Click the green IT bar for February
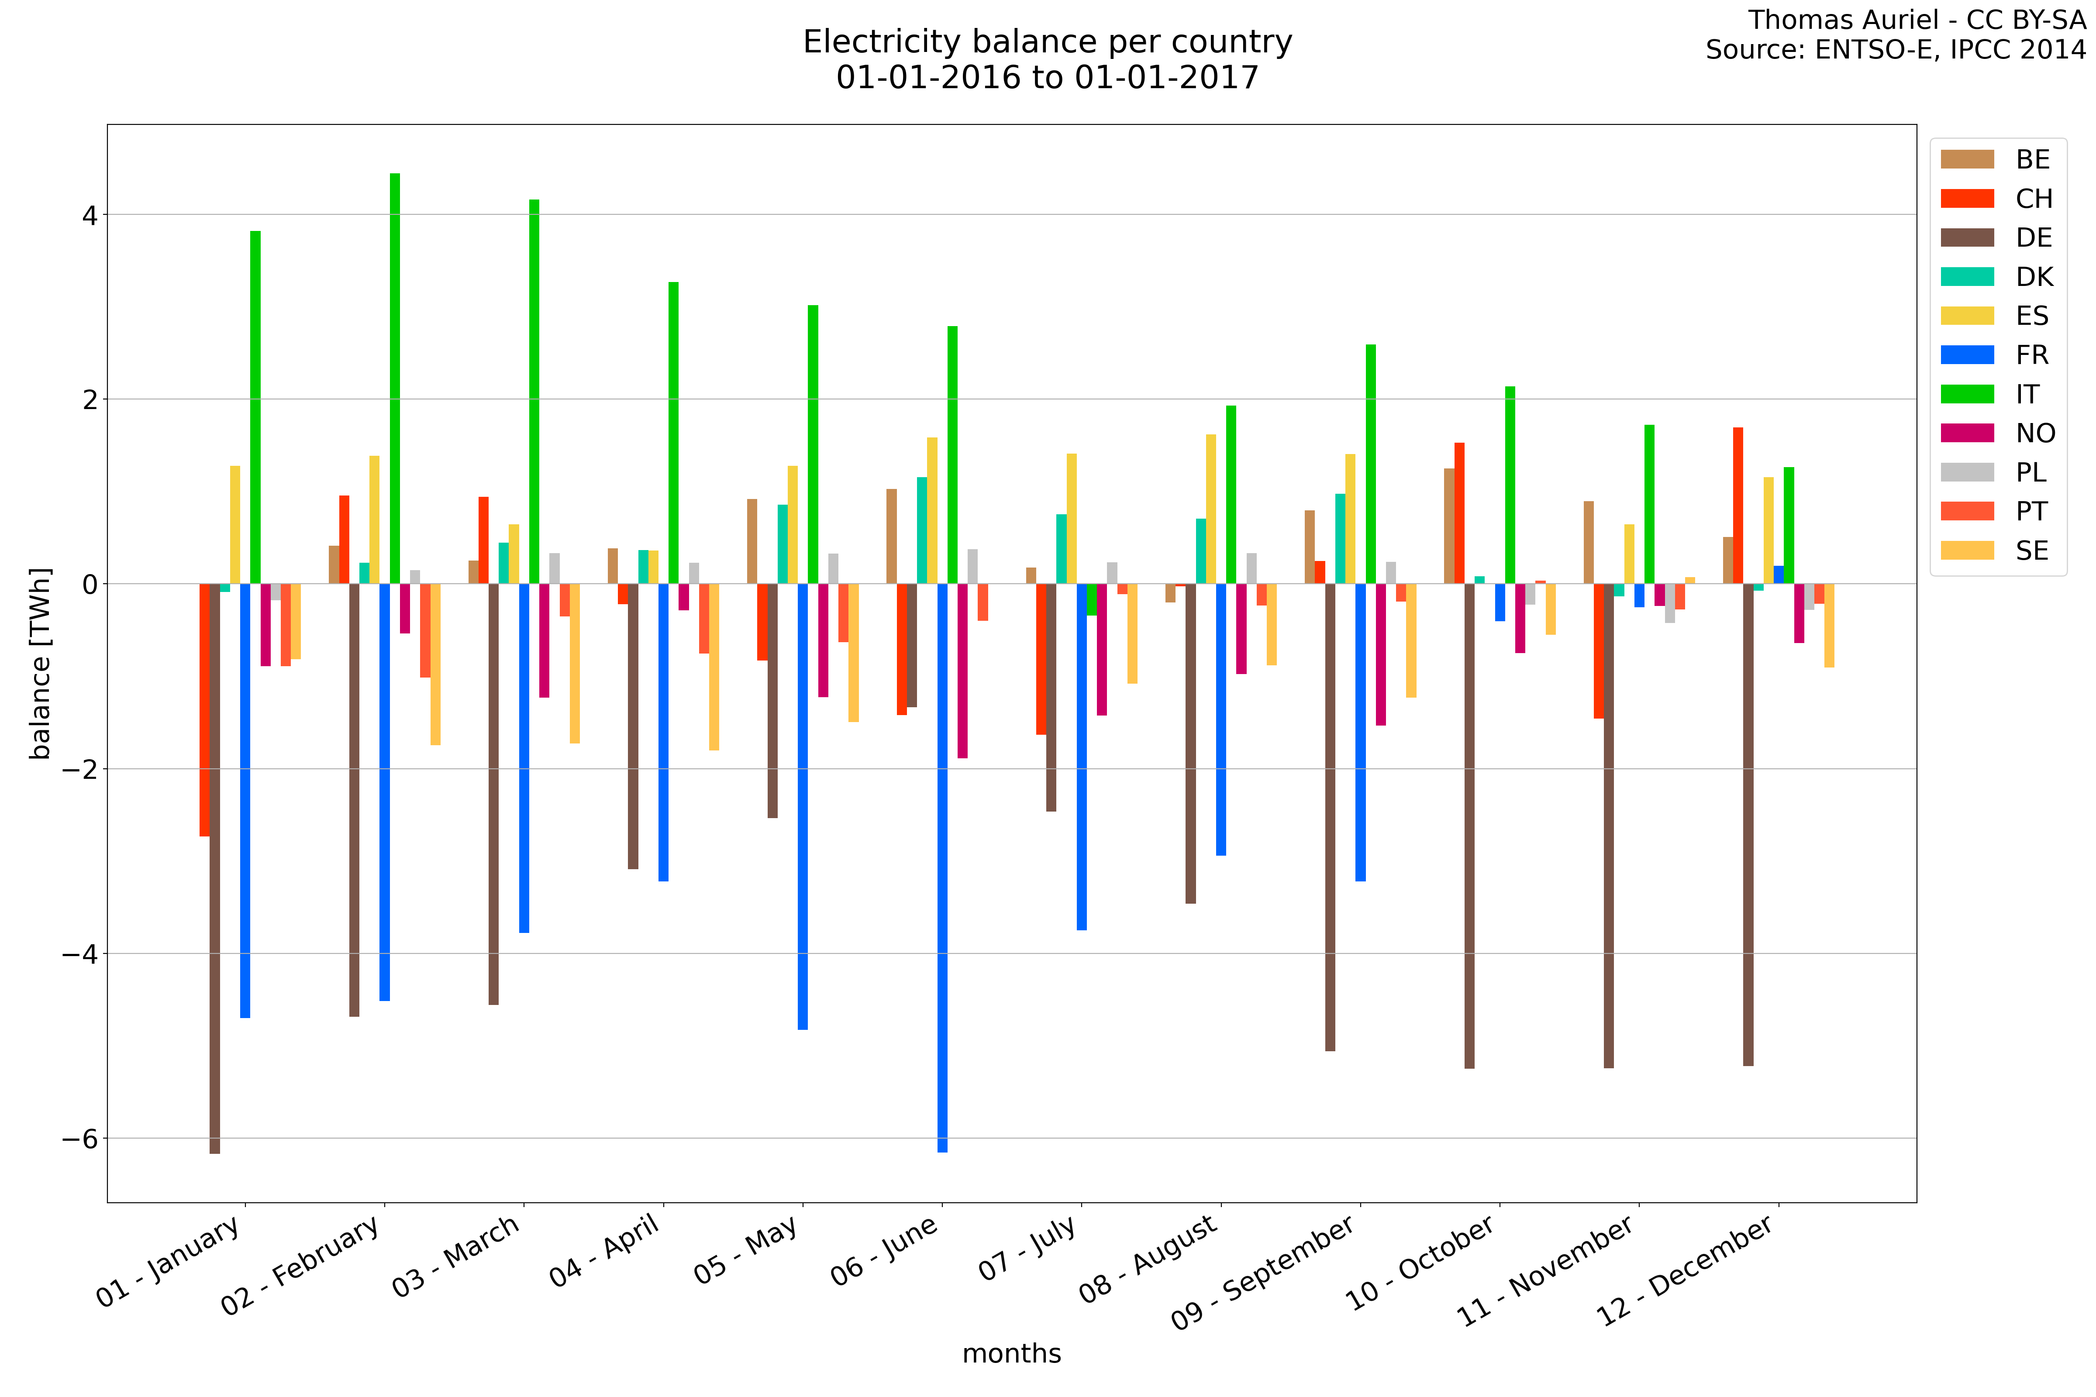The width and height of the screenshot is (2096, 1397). pos(395,378)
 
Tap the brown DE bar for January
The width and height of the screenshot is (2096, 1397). pos(215,869)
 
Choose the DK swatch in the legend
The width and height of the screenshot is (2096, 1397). pos(1967,277)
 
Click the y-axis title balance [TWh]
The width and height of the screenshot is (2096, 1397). pos(40,664)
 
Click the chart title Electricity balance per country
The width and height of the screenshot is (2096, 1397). pos(1047,42)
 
